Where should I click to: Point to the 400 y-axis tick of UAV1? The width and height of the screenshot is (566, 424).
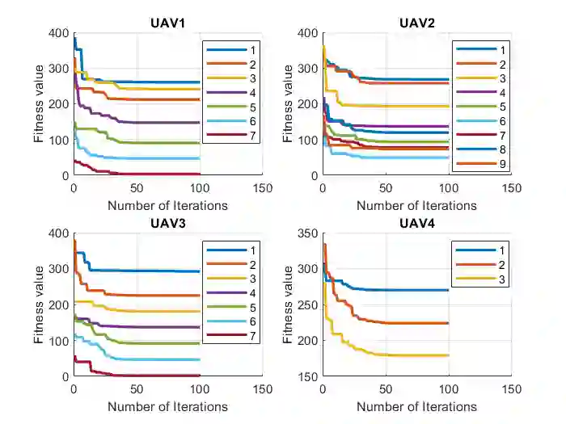pyautogui.click(x=58, y=33)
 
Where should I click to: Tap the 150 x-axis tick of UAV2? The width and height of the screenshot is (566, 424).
pyautogui.click(x=511, y=187)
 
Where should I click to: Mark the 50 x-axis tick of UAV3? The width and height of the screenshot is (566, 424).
pyautogui.click(x=136, y=387)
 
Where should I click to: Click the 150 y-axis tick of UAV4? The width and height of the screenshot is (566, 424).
pyautogui.click(x=307, y=376)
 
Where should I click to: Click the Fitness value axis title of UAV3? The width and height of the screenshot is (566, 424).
pyautogui.click(x=39, y=304)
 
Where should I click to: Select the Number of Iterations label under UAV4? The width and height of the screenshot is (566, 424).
pyautogui.click(x=416, y=406)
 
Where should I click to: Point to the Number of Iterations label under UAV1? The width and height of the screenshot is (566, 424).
pyautogui.click(x=167, y=206)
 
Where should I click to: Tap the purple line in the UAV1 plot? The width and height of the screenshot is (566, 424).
pyautogui.click(x=162, y=123)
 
